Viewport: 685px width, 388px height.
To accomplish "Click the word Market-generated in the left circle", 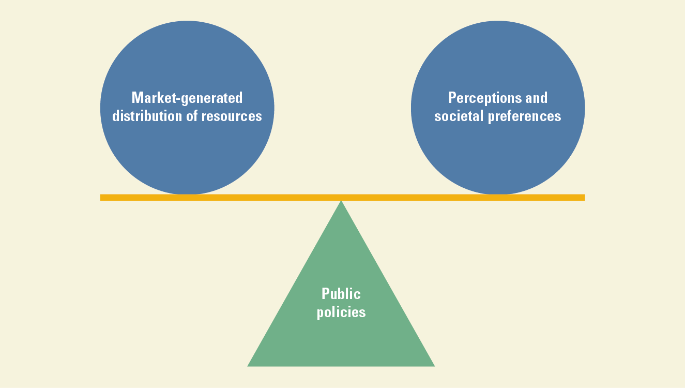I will coord(187,98).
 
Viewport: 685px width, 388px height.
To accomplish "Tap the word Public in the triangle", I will coord(341,294).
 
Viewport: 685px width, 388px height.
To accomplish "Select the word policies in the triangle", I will coord(341,312).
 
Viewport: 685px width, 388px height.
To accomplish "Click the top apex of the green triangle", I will coord(341,201).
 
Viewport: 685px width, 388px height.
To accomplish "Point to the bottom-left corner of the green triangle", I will coord(249,366).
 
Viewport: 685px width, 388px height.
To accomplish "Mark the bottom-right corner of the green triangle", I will coord(434,366).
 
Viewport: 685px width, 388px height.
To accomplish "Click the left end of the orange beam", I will coord(102,197).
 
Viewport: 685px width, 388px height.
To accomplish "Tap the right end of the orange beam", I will coord(583,197).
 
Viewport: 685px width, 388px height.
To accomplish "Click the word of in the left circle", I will coord(192,116).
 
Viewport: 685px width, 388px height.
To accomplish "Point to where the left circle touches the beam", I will coord(187,195).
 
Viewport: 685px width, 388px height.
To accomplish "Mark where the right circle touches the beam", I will coord(498,195).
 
